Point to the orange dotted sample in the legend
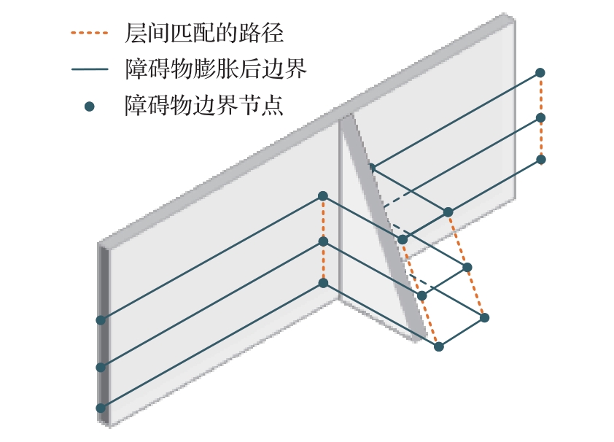tap(90, 33)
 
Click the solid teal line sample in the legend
tap(90, 70)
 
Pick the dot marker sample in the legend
tap(90, 106)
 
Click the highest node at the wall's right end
tap(540, 72)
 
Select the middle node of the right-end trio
tap(540, 117)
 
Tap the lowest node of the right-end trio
tap(540, 159)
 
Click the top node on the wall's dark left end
tap(101, 319)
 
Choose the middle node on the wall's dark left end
tap(101, 367)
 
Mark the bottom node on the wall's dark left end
tap(101, 408)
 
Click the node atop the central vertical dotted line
tap(323, 195)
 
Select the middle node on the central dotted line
tap(323, 241)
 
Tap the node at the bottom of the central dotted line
tap(323, 282)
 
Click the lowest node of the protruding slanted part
tap(438, 346)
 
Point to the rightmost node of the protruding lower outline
tap(484, 317)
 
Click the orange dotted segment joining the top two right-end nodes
tap(540, 95)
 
